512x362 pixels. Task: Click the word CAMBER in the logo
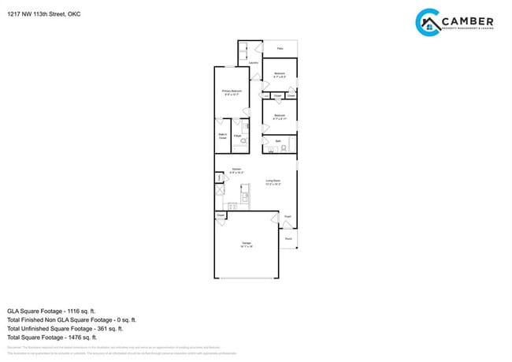tap(467, 21)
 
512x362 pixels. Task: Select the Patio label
tap(280, 48)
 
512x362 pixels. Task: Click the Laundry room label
tap(254, 63)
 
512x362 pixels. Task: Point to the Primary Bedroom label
tap(231, 91)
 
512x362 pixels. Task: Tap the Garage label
tap(247, 244)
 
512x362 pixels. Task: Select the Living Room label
tap(273, 182)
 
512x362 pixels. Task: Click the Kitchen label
tap(236, 170)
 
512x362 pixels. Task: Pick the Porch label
tap(288, 238)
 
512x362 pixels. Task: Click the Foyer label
tap(288, 216)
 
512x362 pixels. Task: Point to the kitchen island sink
tap(244, 197)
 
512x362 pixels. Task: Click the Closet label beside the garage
tap(221, 215)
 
